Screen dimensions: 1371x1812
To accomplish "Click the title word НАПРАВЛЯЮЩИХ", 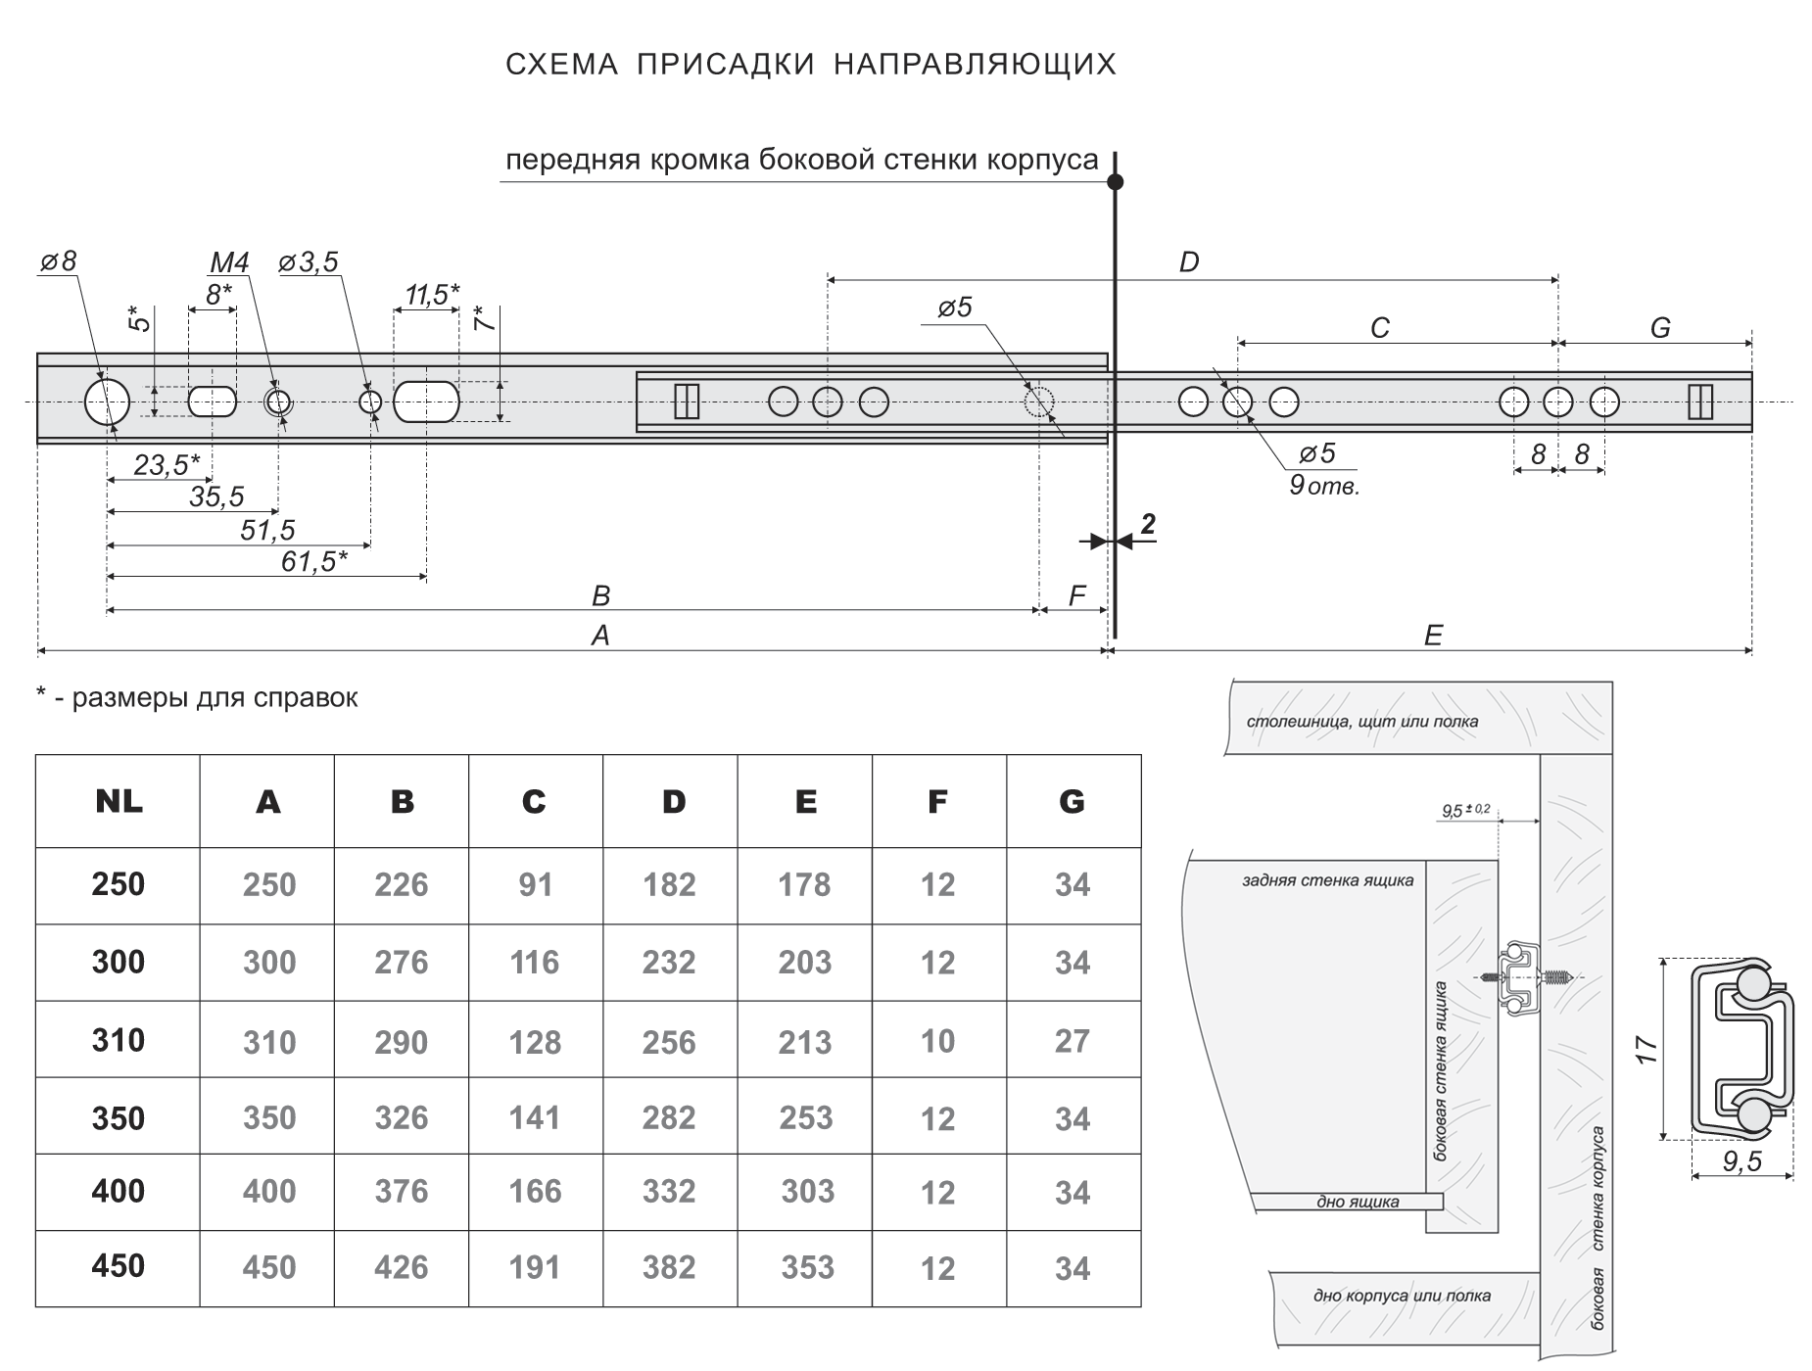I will (x=975, y=65).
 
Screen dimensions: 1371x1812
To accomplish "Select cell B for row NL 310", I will (x=401, y=1041).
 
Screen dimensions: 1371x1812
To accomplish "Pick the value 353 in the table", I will (x=807, y=1267).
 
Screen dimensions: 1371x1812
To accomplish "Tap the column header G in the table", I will (x=1072, y=802).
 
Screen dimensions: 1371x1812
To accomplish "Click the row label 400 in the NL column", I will (x=119, y=1191).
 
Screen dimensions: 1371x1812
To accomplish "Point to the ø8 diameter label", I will (x=58, y=261).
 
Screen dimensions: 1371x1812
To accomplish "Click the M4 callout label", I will (x=229, y=262).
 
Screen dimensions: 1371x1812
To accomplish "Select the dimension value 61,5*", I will (x=309, y=562).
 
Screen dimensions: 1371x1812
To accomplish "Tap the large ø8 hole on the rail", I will (x=106, y=402).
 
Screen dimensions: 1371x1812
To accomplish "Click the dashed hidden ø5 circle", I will (x=1038, y=402).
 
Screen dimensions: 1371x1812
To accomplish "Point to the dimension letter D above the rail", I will (x=1188, y=262).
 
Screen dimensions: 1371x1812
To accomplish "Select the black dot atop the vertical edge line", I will (x=1115, y=182).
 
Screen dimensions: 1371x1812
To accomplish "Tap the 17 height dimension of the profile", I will (x=1646, y=1049).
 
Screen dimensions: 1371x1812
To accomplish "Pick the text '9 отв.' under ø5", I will (x=1324, y=486).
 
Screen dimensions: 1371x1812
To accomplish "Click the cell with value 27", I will (x=1072, y=1041).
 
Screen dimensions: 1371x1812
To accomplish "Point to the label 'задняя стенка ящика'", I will (x=1327, y=880).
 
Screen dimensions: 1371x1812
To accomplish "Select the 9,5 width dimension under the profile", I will (x=1741, y=1161).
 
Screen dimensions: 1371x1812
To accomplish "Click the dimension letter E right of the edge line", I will (x=1432, y=637).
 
